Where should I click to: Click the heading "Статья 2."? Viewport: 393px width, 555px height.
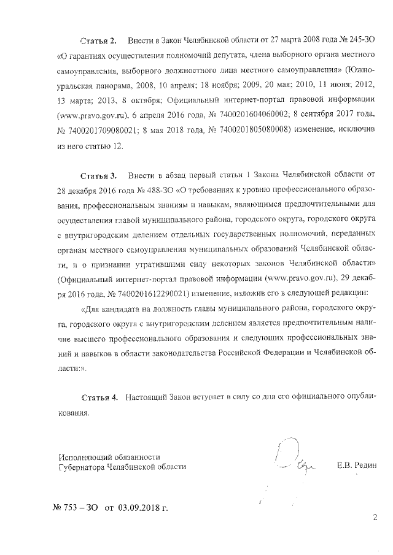point(98,40)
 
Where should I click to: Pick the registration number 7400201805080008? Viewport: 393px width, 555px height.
point(243,129)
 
